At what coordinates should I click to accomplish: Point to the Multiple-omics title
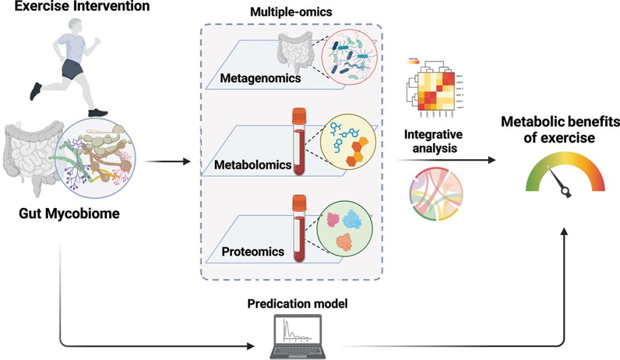(x=291, y=12)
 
